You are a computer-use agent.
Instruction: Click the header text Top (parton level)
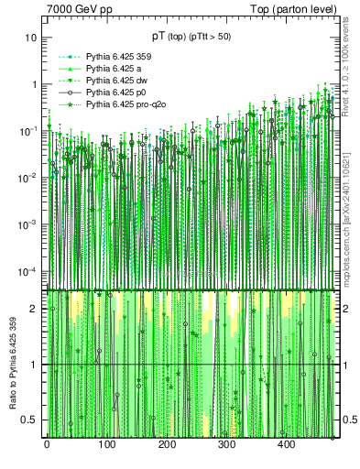click(300, 9)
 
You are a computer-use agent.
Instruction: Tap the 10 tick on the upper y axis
click(31, 38)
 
